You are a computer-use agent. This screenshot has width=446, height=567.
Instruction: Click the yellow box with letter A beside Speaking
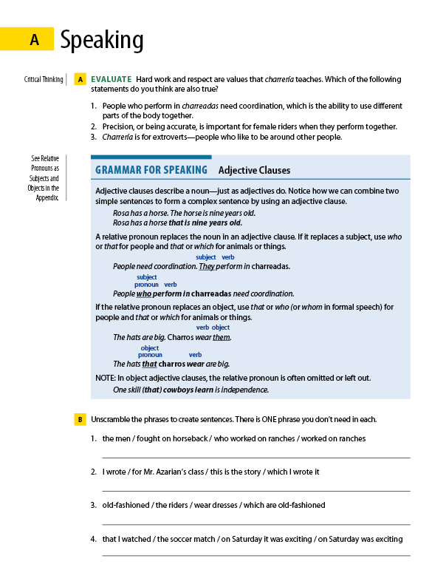tap(34, 41)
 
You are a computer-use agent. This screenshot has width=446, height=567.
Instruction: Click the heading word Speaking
tap(102, 40)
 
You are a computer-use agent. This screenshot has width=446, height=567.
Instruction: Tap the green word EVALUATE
tap(111, 79)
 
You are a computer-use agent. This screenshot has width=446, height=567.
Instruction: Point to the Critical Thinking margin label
tap(43, 79)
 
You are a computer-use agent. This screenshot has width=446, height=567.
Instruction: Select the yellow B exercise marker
tap(80, 419)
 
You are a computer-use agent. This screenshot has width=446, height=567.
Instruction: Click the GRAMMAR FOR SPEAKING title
tap(151, 170)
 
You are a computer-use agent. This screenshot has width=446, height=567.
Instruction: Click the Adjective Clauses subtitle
tap(254, 171)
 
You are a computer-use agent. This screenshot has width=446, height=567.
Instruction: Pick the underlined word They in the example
tap(207, 266)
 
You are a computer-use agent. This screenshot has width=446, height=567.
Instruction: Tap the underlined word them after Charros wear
tap(222, 337)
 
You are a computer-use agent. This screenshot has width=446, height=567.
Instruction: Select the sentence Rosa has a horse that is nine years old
tap(177, 223)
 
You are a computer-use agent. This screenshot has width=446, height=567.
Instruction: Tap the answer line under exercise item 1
tap(255, 458)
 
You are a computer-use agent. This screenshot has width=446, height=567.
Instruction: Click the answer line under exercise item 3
tap(255, 524)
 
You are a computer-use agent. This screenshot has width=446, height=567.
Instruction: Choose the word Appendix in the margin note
tap(47, 197)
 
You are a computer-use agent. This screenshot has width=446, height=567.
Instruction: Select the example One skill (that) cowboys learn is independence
tap(191, 390)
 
